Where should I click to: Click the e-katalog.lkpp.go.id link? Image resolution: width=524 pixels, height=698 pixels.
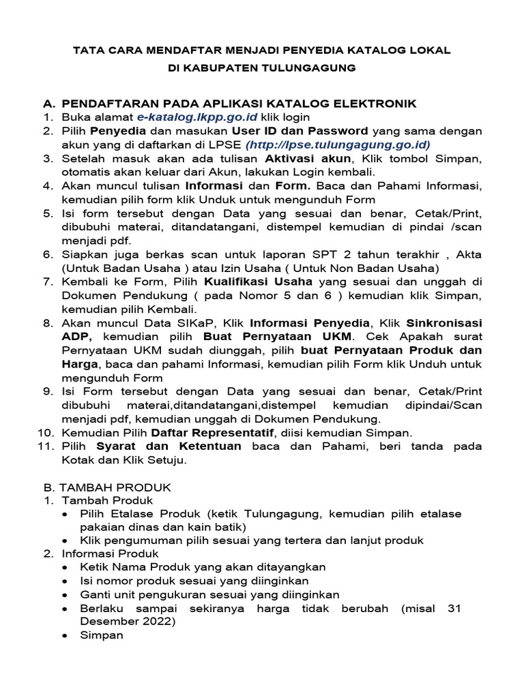(192, 117)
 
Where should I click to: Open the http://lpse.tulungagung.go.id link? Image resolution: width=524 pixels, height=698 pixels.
(338, 145)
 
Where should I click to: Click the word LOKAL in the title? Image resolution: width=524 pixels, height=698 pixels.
(428, 51)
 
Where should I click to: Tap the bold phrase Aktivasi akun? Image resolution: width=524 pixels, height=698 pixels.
(307, 158)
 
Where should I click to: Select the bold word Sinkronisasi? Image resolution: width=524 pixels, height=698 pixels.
(444, 322)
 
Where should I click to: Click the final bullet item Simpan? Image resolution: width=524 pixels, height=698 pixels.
(102, 635)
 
